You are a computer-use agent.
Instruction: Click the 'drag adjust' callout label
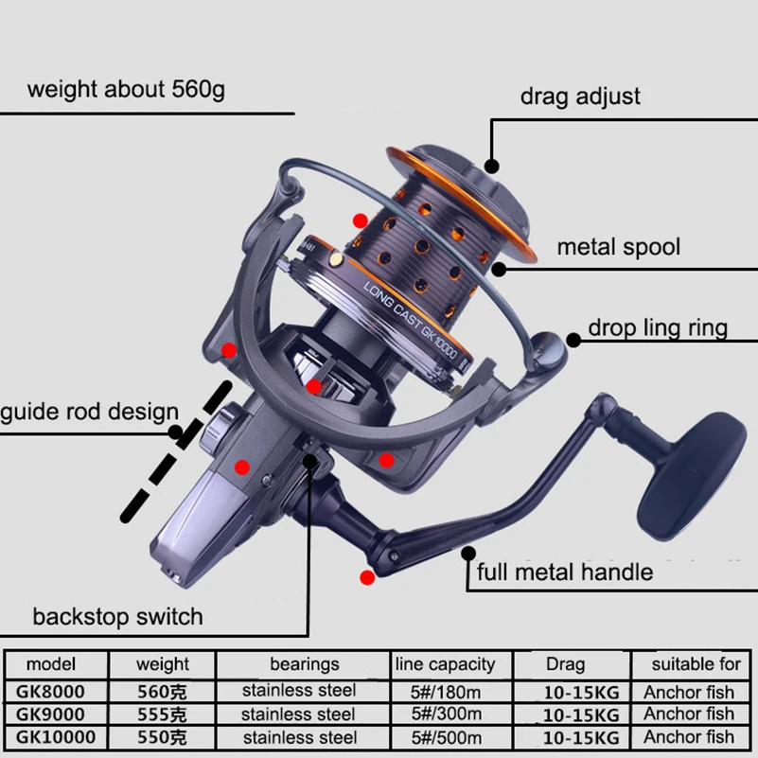click(x=580, y=97)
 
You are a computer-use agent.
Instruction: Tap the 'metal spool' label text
click(x=618, y=248)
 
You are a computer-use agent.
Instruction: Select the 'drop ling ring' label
click(x=658, y=328)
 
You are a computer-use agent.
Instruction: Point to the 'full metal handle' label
click(x=564, y=572)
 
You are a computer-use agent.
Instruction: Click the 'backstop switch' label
click(x=117, y=617)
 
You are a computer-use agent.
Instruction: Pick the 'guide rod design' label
click(x=89, y=413)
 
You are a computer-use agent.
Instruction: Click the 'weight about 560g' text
click(x=126, y=90)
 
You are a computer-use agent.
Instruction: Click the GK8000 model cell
click(x=53, y=691)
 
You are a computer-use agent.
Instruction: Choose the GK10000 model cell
click(x=53, y=736)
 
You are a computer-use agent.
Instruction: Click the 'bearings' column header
click(x=304, y=664)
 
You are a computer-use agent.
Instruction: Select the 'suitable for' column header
click(x=695, y=664)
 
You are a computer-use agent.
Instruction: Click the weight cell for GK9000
click(x=162, y=714)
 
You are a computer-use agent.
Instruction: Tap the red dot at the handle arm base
click(x=366, y=576)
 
